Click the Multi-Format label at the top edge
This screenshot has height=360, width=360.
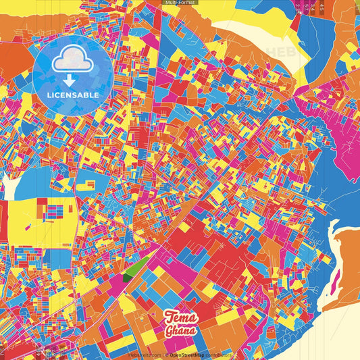click(179, 3)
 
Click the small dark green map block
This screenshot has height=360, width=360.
click(128, 276)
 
